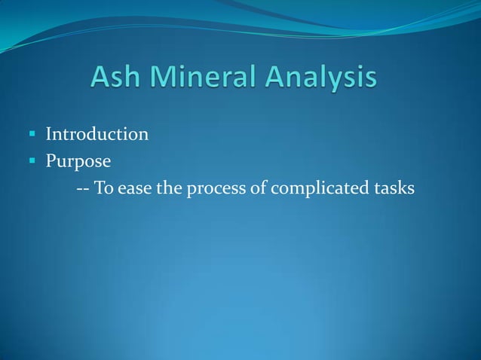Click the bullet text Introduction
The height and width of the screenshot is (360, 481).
coord(97,135)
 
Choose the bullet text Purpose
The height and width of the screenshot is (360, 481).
coord(78,161)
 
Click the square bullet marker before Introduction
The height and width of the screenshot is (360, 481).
coord(33,136)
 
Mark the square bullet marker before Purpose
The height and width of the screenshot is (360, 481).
coord(33,161)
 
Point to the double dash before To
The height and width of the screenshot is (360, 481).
coord(84,188)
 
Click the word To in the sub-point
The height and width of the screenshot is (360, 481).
coord(105,188)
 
